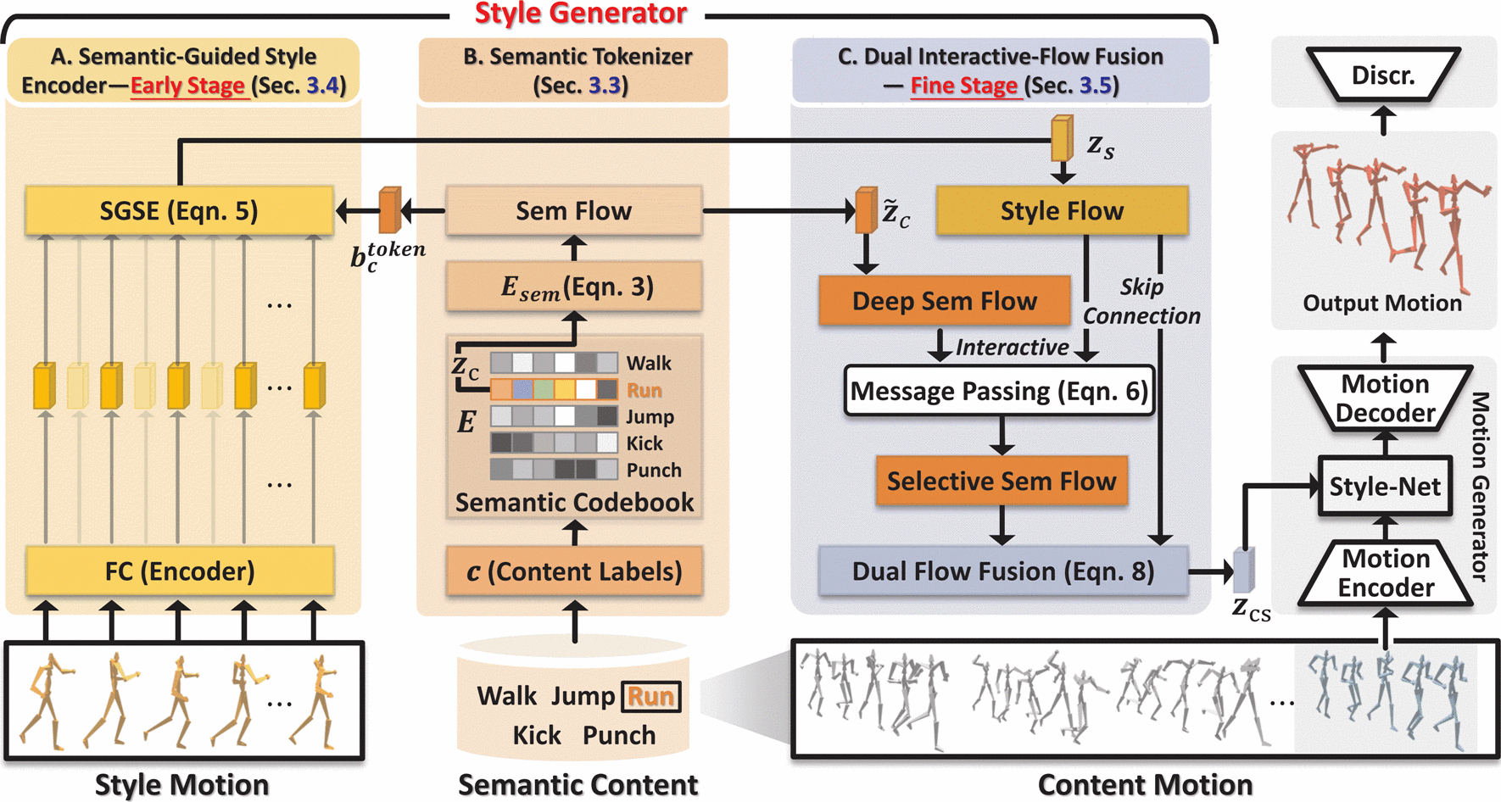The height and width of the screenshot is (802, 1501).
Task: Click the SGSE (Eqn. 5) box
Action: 179,211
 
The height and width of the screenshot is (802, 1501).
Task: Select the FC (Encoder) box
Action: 179,571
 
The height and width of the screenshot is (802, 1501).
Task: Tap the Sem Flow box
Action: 574,211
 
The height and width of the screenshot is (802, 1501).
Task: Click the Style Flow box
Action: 1062,211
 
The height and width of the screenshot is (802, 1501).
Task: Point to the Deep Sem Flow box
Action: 944,301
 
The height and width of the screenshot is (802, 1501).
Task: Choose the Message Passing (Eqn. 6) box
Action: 1000,391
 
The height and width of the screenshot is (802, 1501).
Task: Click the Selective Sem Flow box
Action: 1002,482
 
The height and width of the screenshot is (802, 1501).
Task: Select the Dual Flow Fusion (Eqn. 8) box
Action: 1002,571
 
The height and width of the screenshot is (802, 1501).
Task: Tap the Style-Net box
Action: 1385,487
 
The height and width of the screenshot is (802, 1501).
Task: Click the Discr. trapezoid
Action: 1383,75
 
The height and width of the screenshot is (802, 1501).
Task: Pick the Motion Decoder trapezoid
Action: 1386,398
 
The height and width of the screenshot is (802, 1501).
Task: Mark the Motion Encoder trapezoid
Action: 1386,573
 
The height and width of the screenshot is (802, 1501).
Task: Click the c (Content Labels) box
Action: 574,571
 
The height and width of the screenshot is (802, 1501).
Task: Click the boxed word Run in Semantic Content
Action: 650,697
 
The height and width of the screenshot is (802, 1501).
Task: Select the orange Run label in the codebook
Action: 644,390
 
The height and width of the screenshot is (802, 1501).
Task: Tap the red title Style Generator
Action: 581,14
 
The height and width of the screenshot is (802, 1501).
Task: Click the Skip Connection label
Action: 1141,302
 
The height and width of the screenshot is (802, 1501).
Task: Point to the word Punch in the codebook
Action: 654,470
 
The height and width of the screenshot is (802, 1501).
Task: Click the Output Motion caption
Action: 1382,304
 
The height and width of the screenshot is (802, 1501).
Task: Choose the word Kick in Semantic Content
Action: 537,735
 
